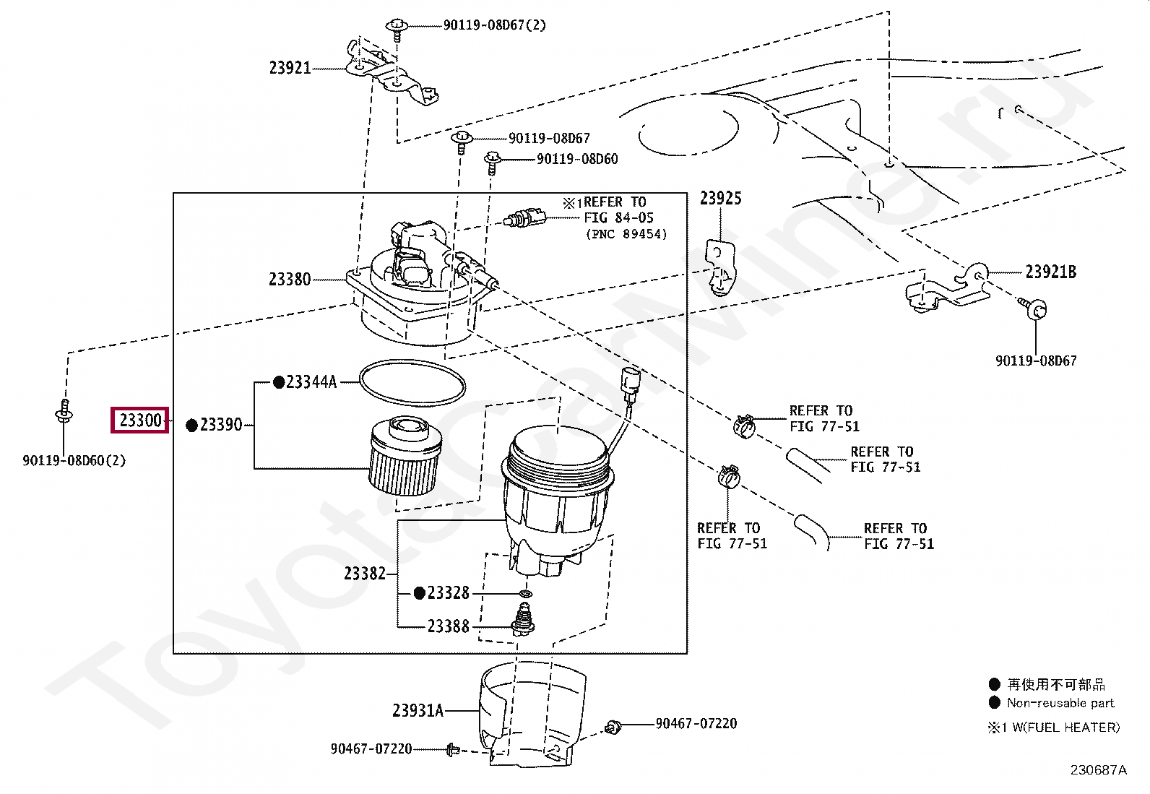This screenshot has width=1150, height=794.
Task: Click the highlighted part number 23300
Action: coord(140,420)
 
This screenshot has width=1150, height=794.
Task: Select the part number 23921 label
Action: coord(290,68)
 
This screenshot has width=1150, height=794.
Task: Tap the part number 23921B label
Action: coord(1050,272)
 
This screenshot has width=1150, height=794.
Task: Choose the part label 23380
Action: coord(290,280)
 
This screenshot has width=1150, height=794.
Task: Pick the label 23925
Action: coord(720,199)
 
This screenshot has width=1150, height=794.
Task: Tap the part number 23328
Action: coord(448,593)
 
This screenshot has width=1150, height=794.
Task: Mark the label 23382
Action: coord(365,574)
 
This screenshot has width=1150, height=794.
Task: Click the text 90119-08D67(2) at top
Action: coord(494,25)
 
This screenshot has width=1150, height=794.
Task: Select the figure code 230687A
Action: coord(1098,770)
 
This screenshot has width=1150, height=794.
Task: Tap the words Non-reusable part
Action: coord(1060,703)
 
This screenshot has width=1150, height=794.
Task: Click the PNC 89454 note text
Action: coord(626,234)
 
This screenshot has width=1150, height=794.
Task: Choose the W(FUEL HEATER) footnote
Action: coord(1065,728)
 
